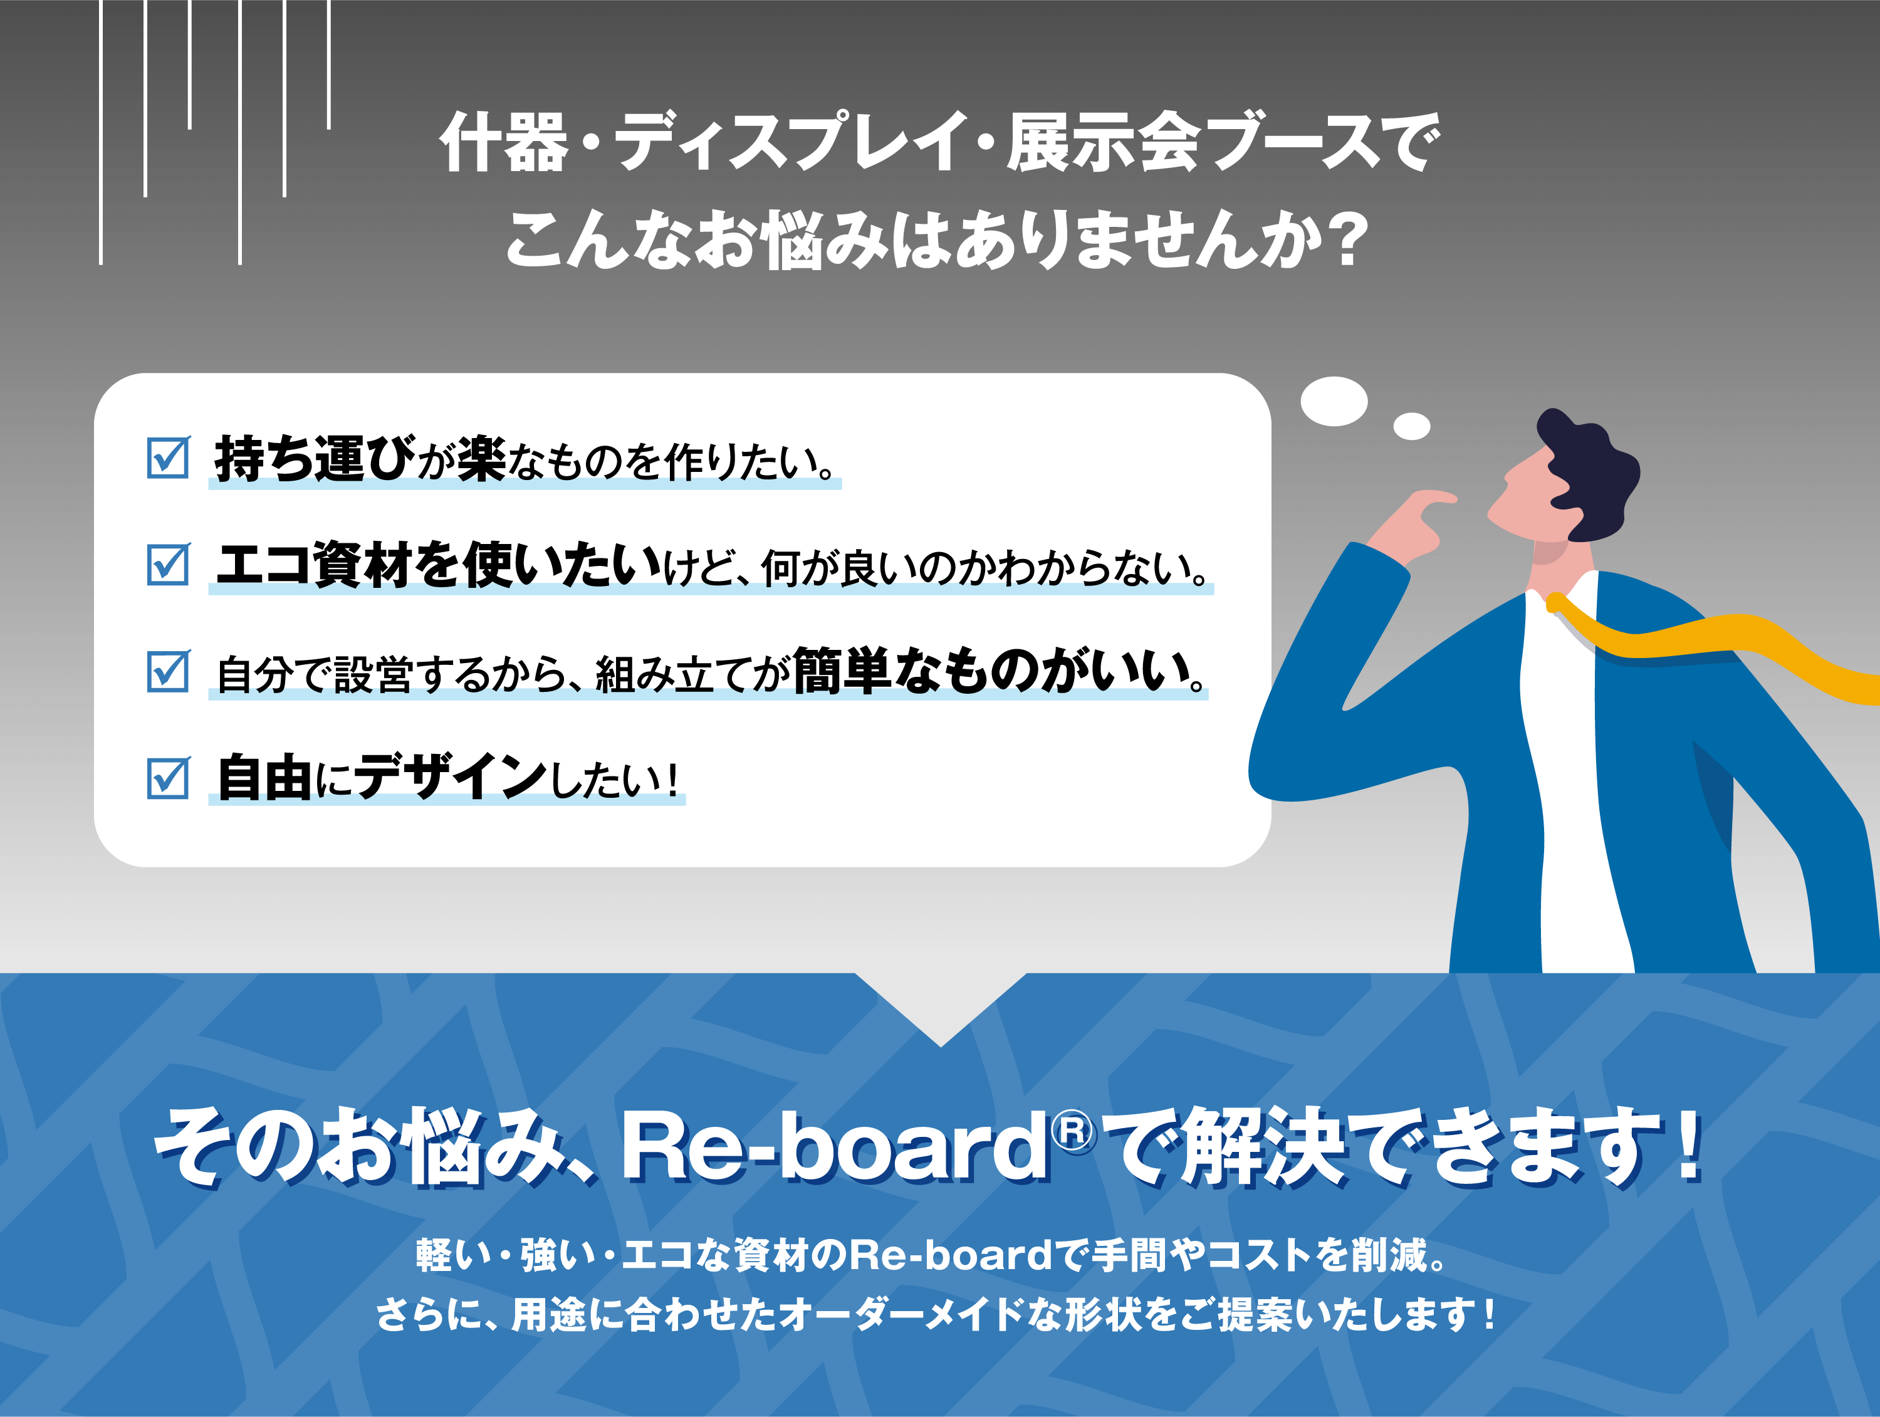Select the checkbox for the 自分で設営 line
point(169,671)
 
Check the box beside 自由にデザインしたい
point(169,777)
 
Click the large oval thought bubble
point(1334,401)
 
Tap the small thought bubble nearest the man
point(1412,426)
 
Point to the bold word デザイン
point(451,777)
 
